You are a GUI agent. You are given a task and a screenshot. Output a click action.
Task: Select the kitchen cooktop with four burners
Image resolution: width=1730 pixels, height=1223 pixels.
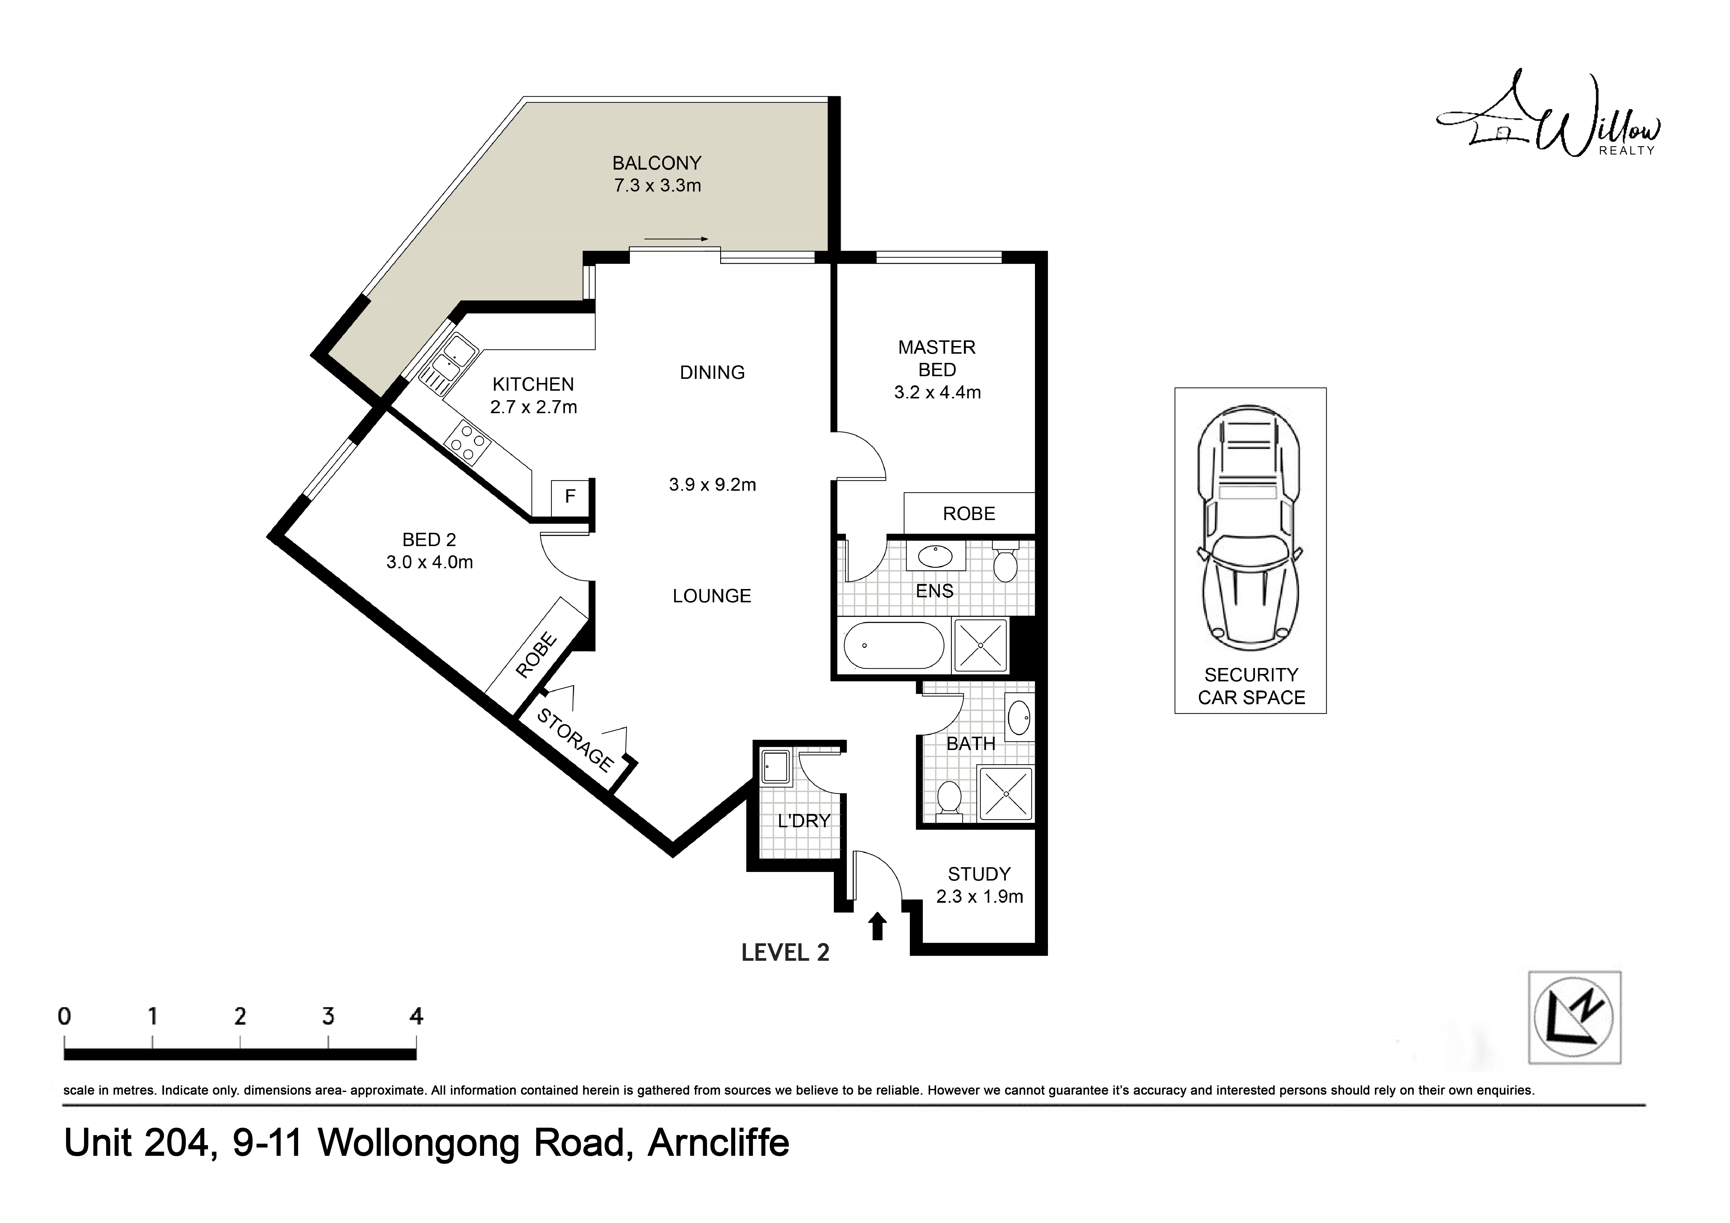pyautogui.click(x=467, y=443)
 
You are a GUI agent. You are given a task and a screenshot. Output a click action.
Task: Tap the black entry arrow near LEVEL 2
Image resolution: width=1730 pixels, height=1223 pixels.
pyautogui.click(x=877, y=925)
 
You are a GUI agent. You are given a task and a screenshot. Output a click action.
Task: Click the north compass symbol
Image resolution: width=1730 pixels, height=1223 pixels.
pyautogui.click(x=1574, y=1017)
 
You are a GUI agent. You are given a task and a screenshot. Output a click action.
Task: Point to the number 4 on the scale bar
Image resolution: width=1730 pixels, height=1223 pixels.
pyautogui.click(x=416, y=1016)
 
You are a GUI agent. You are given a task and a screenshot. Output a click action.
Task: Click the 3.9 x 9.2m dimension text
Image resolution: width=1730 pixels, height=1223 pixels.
pyautogui.click(x=712, y=485)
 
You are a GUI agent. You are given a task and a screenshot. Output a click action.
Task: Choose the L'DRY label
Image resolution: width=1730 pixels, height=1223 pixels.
pyautogui.click(x=803, y=820)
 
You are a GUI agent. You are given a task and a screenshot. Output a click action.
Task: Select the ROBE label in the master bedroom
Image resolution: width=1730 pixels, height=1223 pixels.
pyautogui.click(x=969, y=514)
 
